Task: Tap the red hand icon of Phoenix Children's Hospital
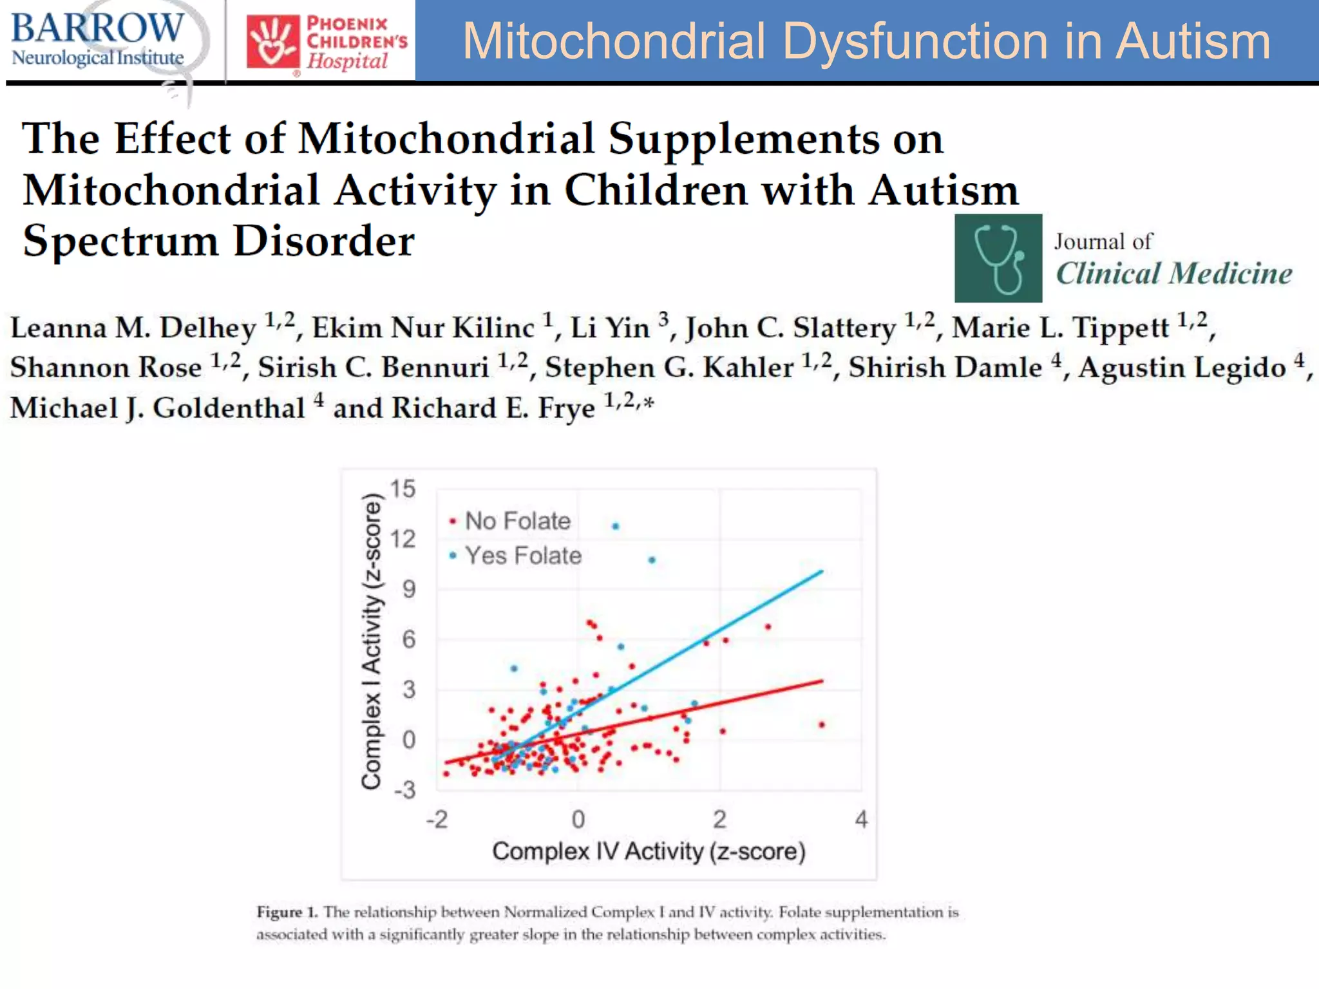click(x=273, y=41)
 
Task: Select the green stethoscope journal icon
click(x=998, y=258)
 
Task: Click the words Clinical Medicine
click(x=1173, y=274)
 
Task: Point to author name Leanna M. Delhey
click(x=133, y=328)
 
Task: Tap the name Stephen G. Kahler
click(x=669, y=368)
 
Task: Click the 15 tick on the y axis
click(x=403, y=489)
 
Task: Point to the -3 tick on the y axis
click(x=404, y=789)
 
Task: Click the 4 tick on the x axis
click(x=861, y=819)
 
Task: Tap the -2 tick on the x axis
click(x=437, y=819)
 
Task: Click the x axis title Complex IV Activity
click(x=649, y=851)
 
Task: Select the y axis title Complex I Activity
click(x=371, y=641)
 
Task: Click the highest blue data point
click(x=615, y=526)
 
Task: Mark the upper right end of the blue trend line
click(x=822, y=571)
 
